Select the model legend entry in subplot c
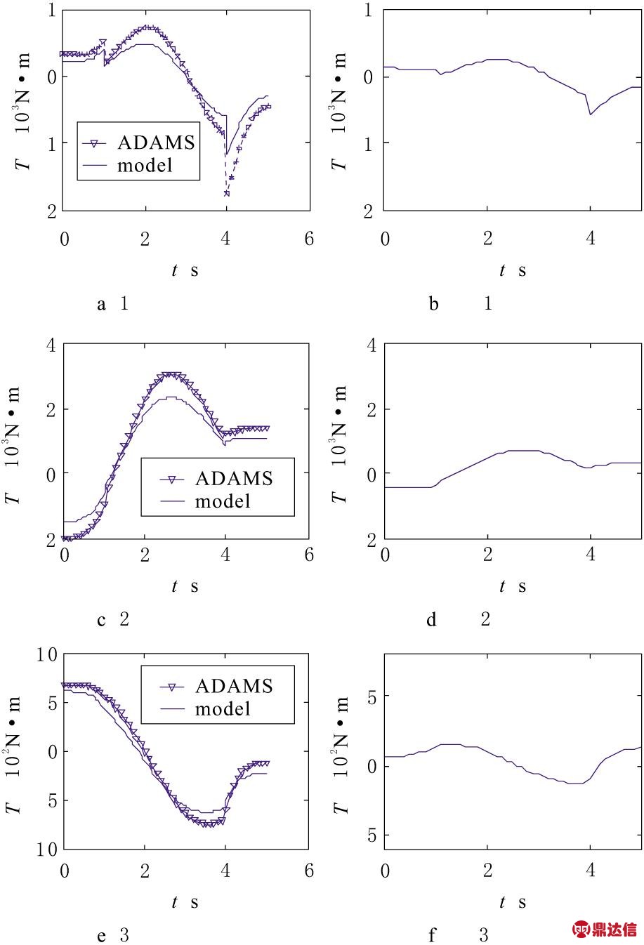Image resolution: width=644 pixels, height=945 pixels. pyautogui.click(x=223, y=501)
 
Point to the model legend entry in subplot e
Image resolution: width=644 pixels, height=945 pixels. pyautogui.click(x=223, y=709)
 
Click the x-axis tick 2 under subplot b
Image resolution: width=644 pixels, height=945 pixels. pyautogui.click(x=487, y=239)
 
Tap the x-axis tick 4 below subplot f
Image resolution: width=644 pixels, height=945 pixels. pyautogui.click(x=591, y=871)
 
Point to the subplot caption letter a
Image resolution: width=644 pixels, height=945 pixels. pyautogui.click(x=102, y=304)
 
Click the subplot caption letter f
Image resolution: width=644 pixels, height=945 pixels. pyautogui.click(x=432, y=935)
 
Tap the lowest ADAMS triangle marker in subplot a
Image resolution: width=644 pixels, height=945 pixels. pyautogui.click(x=226, y=193)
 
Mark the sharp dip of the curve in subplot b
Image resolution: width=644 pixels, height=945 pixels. pyautogui.click(x=590, y=114)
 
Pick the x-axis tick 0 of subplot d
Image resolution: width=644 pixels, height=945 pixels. pyautogui.click(x=385, y=555)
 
